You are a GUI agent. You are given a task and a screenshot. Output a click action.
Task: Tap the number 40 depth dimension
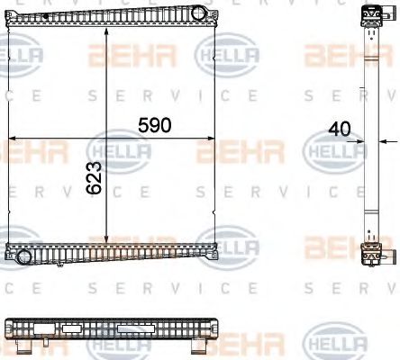[x=339, y=129]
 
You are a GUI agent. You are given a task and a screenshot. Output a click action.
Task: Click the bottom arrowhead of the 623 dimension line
[x=108, y=241]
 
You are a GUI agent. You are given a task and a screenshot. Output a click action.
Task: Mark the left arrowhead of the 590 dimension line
[x=12, y=138]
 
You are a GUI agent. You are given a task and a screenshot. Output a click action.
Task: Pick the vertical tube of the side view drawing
[x=368, y=135]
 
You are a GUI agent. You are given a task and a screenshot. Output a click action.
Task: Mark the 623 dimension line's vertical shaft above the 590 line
[x=108, y=81]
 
